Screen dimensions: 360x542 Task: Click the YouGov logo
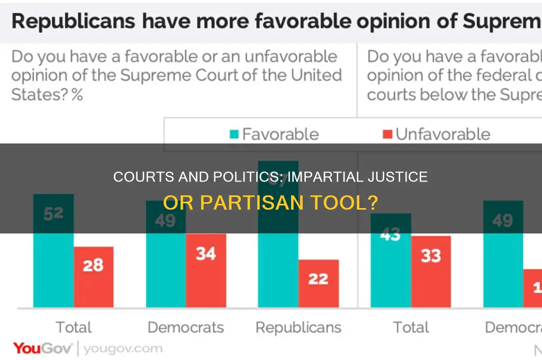click(x=44, y=348)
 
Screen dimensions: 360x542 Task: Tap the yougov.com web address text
click(x=123, y=349)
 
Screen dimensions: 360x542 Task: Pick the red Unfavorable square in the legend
click(x=387, y=134)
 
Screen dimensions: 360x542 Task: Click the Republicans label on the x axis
click(x=298, y=327)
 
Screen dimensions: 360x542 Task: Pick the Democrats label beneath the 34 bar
click(x=186, y=327)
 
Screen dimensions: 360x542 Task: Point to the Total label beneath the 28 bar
click(x=74, y=327)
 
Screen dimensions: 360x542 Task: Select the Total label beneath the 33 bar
click(x=411, y=327)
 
